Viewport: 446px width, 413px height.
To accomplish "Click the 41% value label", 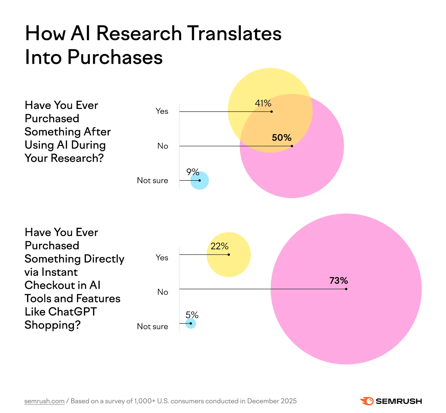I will click(x=263, y=103).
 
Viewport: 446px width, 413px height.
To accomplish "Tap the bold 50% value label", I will click(x=282, y=138).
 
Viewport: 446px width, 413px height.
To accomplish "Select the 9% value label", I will click(x=193, y=172).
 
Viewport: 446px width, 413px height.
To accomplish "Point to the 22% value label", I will click(x=219, y=246).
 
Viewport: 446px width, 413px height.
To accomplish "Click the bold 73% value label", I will click(x=338, y=280).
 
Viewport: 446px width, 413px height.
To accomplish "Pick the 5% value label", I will click(x=192, y=315).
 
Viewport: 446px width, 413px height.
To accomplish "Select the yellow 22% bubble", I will click(x=231, y=265).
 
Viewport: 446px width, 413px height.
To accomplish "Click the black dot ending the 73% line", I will click(x=346, y=289).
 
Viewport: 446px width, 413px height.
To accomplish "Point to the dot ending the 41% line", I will click(x=272, y=112).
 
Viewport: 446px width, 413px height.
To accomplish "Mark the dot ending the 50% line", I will click(x=292, y=146).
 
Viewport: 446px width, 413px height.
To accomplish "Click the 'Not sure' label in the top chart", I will click(x=152, y=180).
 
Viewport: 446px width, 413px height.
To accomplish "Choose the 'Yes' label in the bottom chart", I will click(x=162, y=258).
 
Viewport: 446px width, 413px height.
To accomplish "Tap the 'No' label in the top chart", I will click(x=163, y=146).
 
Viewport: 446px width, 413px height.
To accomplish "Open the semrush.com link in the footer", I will click(x=44, y=401).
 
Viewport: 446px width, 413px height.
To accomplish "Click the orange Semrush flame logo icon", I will click(x=367, y=401).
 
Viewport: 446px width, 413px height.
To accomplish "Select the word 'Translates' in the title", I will click(x=234, y=33).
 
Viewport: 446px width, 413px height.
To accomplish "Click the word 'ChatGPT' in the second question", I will click(x=72, y=312).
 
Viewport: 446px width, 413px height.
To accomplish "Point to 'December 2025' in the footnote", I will click(x=272, y=401).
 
